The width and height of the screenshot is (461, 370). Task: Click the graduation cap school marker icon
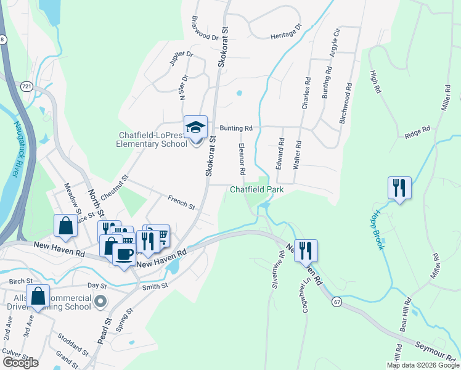(x=195, y=128)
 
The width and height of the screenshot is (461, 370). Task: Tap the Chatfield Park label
(x=256, y=190)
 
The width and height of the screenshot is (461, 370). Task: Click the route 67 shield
(x=336, y=302)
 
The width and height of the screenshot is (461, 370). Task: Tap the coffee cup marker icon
(x=124, y=253)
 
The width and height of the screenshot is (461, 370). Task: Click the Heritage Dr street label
(x=286, y=33)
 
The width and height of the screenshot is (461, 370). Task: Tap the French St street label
(x=181, y=202)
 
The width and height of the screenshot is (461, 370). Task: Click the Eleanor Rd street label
(x=242, y=158)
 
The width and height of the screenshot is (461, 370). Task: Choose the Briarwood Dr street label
(x=205, y=28)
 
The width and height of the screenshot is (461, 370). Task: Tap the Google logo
(x=20, y=363)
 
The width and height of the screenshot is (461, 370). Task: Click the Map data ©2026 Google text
(x=422, y=365)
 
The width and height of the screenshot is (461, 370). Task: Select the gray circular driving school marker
(x=101, y=302)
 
